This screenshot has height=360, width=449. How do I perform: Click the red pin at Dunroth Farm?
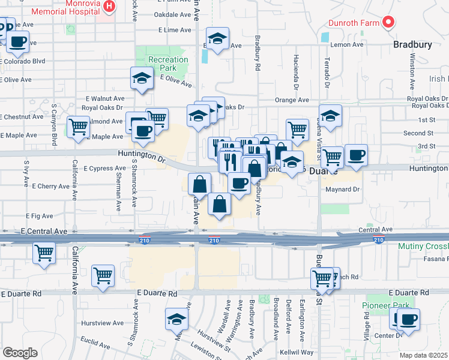coord(388,22)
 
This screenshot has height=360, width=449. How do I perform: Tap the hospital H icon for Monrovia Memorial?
coord(109,7)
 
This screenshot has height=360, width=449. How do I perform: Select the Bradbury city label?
coord(412,44)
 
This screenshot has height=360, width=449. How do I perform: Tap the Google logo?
coord(20,353)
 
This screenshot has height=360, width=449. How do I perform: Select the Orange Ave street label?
coord(292,100)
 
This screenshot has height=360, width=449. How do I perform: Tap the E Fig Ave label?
coord(40,215)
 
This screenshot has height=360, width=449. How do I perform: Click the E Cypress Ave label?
coord(105,169)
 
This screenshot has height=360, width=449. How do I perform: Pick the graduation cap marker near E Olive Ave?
coord(142,79)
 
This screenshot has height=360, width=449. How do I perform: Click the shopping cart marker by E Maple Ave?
coord(78,127)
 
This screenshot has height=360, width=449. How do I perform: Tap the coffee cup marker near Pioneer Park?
coord(409,319)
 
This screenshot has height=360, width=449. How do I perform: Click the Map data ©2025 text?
coord(424,355)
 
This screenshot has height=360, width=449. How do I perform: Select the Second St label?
coord(418,133)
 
